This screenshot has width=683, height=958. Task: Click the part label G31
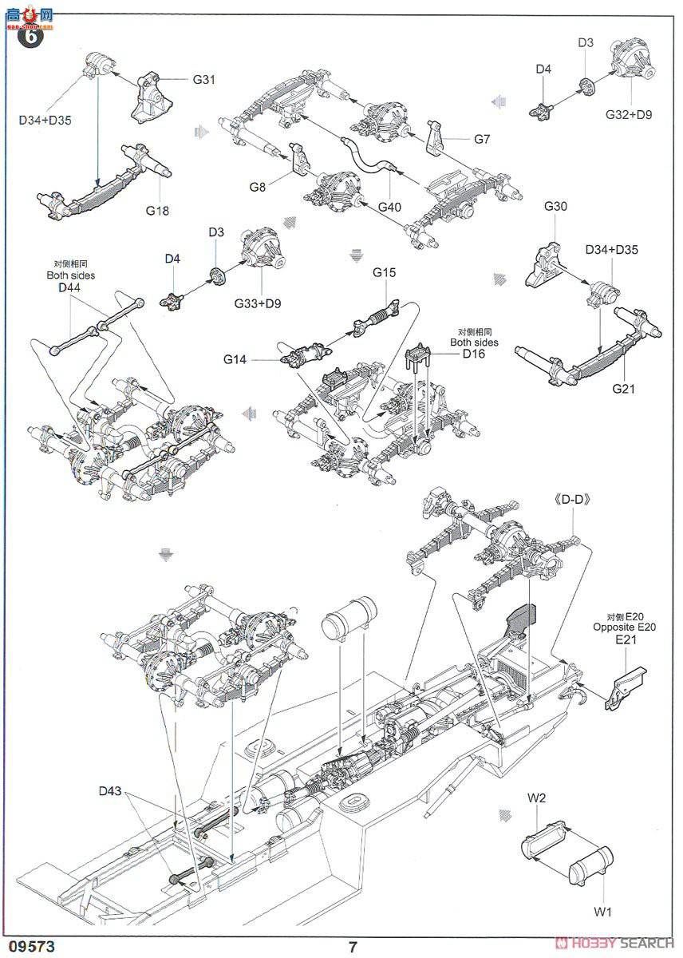point(204,80)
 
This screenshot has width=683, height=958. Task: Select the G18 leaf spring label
point(158,211)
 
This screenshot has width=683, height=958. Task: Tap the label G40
point(389,208)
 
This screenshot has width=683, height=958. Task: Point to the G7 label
point(481,139)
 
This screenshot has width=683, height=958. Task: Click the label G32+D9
point(628,114)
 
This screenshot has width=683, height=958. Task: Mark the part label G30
point(555,206)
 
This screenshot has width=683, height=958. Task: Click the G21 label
point(625,389)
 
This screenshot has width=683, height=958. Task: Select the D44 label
point(70,287)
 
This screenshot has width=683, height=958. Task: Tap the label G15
point(384,272)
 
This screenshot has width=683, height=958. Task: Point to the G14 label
point(235,360)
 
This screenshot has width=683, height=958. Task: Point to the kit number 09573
point(33,947)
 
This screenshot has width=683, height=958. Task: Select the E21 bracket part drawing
point(626,683)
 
